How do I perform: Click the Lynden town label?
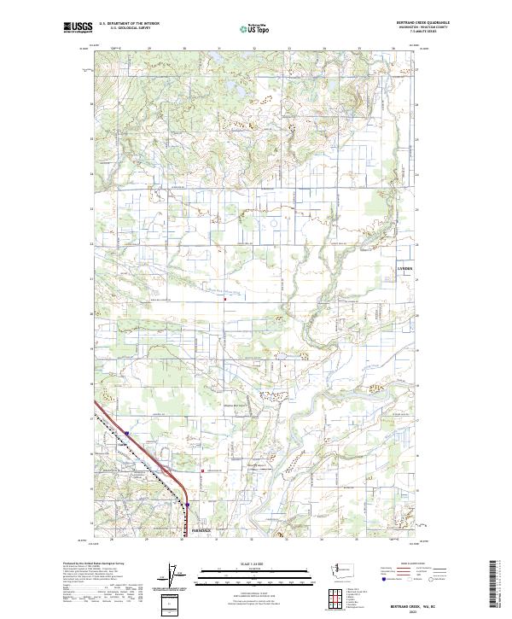(404, 269)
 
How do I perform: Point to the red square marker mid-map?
(224, 300)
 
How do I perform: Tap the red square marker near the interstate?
(201, 471)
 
